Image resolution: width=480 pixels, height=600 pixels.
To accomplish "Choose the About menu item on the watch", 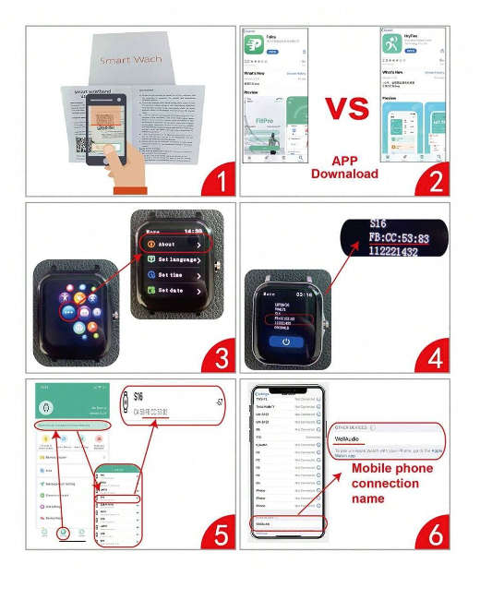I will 172,245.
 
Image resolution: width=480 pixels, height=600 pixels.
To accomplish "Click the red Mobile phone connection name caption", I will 392,483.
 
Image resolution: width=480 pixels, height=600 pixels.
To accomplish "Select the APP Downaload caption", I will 344,166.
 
